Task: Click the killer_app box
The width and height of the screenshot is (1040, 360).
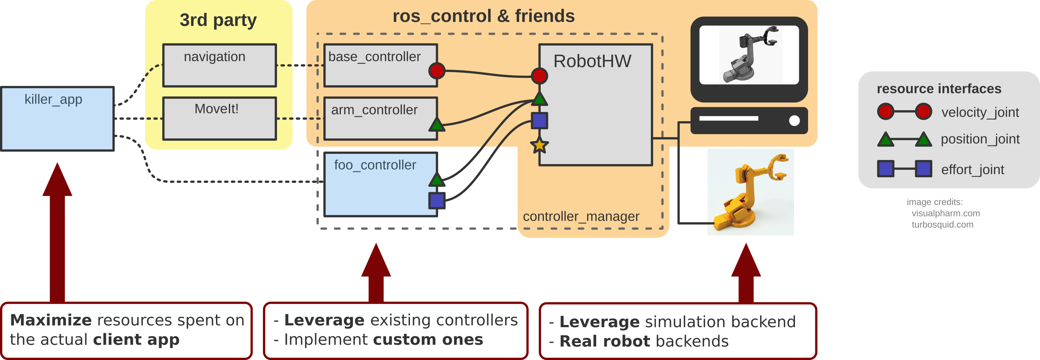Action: (x=57, y=119)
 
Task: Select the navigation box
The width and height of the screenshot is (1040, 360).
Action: (x=219, y=65)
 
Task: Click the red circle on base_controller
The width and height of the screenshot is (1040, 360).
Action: (x=436, y=71)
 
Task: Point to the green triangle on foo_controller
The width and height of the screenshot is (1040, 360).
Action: (x=436, y=179)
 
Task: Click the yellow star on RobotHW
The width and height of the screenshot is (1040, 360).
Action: (x=539, y=145)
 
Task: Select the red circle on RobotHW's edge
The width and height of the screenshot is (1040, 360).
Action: (x=539, y=75)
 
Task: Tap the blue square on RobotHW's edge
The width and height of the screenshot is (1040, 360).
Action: (x=539, y=120)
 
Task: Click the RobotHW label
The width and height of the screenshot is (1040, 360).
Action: (x=592, y=61)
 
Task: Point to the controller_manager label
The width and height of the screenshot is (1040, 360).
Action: (x=581, y=216)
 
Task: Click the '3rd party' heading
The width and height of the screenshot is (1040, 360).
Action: (x=218, y=20)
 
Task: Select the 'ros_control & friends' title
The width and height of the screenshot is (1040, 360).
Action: (x=483, y=16)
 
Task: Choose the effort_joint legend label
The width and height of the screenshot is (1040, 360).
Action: (x=972, y=170)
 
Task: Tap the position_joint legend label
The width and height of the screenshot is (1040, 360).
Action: (x=980, y=139)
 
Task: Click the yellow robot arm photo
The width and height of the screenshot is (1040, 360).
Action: (x=750, y=192)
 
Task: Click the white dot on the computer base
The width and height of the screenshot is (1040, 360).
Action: (x=794, y=120)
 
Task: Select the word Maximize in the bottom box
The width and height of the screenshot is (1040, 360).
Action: (x=51, y=320)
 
